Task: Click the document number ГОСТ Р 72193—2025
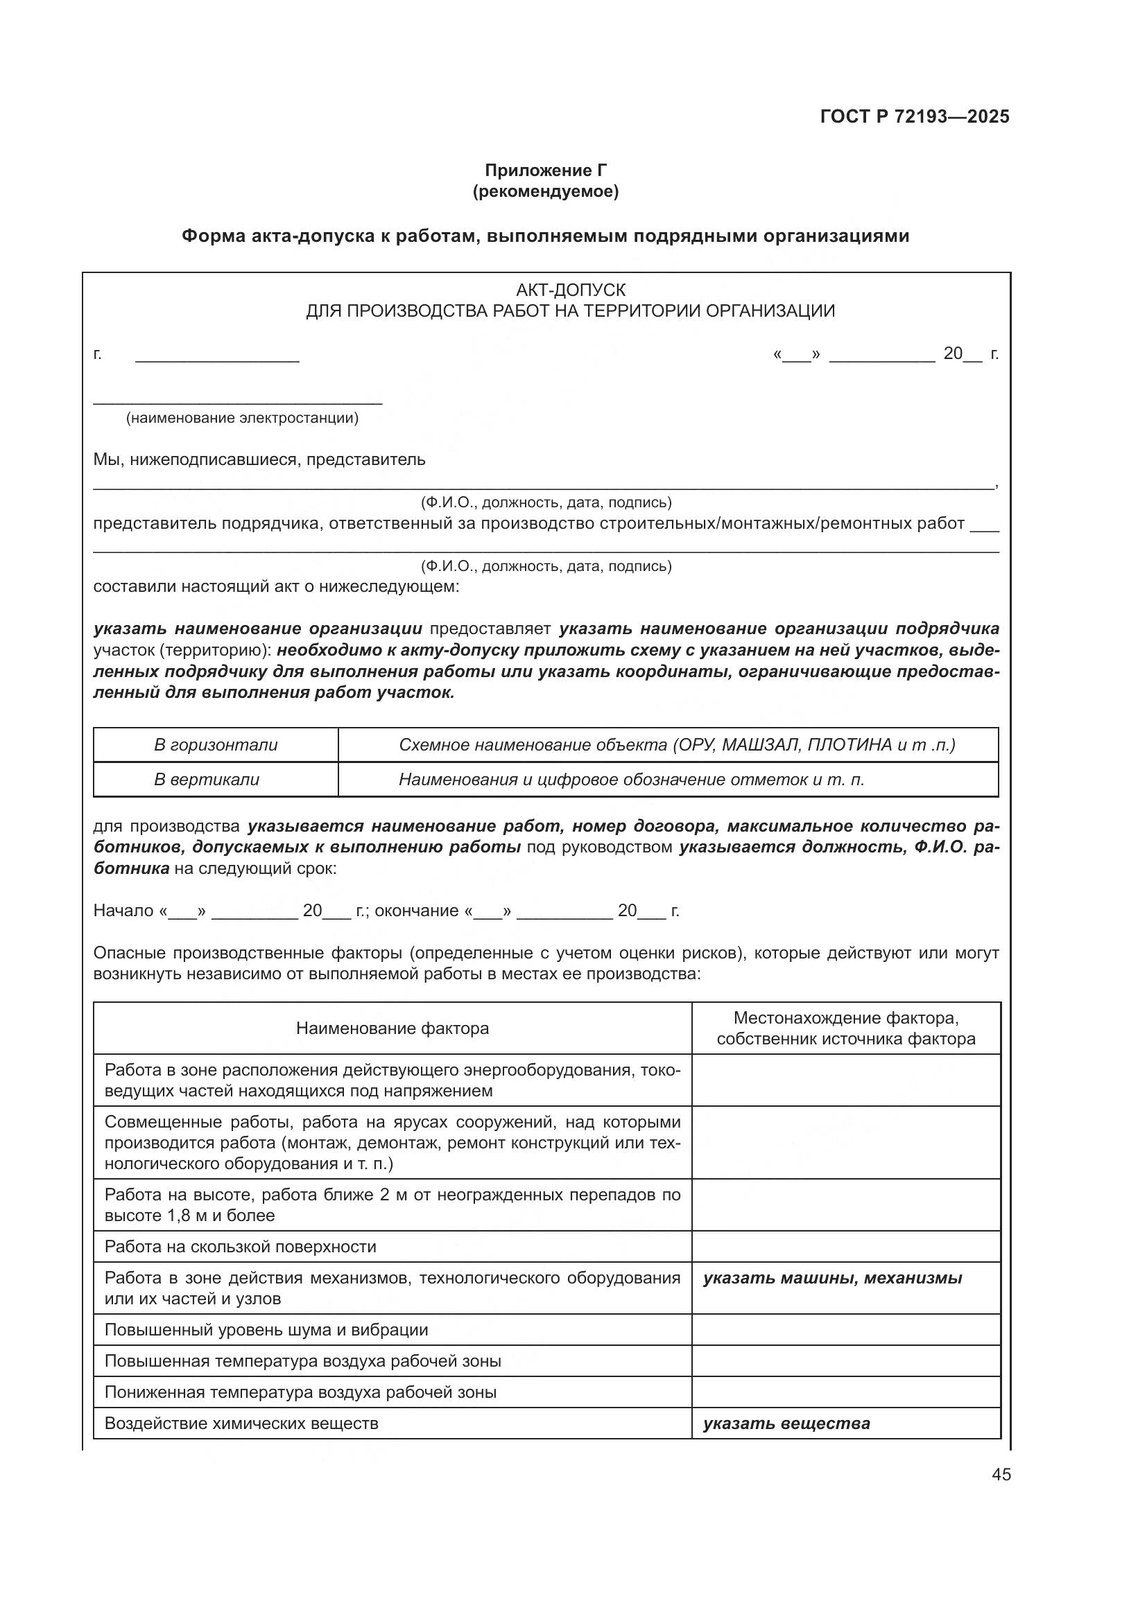click(915, 117)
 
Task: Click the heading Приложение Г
click(545, 170)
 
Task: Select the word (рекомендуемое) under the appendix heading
click(545, 191)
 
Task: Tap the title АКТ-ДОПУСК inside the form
click(571, 290)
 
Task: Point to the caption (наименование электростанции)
click(242, 418)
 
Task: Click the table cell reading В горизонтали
click(216, 745)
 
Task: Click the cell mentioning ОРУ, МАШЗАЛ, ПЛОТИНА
click(677, 745)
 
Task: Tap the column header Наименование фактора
click(392, 1028)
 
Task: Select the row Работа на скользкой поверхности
click(240, 1246)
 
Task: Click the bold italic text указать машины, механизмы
click(832, 1278)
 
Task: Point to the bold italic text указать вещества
click(786, 1423)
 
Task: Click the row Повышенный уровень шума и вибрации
click(266, 1330)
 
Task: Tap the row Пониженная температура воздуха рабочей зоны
click(300, 1392)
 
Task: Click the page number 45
click(1001, 1475)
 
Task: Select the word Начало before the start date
click(123, 911)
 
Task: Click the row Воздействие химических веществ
click(241, 1423)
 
